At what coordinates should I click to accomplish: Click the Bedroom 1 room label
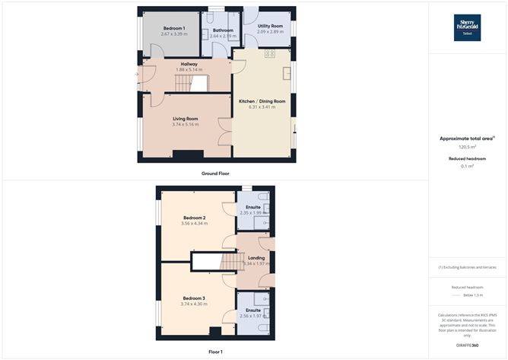pyautogui.click(x=173, y=28)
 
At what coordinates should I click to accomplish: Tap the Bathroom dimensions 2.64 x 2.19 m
pyautogui.click(x=223, y=36)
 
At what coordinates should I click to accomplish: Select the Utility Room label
pyautogui.click(x=270, y=26)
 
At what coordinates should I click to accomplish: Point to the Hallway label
pyautogui.click(x=189, y=64)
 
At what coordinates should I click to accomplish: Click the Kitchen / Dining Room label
pyautogui.click(x=262, y=101)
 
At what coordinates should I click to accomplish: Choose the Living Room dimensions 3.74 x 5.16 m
pyautogui.click(x=186, y=124)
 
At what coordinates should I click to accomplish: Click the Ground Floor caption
pyautogui.click(x=216, y=174)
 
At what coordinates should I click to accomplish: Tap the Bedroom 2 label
pyautogui.click(x=194, y=218)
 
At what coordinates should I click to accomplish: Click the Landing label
pyautogui.click(x=256, y=258)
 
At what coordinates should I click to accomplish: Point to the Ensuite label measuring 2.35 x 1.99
pyautogui.click(x=253, y=207)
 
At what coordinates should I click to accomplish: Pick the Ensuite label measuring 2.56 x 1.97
pyautogui.click(x=253, y=311)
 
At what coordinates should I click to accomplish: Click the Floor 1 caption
pyautogui.click(x=216, y=352)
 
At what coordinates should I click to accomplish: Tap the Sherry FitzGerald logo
pyautogui.click(x=467, y=27)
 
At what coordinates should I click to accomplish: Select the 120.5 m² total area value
pyautogui.click(x=467, y=146)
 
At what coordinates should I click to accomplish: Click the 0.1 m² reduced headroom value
pyautogui.click(x=467, y=166)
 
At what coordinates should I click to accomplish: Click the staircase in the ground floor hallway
pyautogui.click(x=198, y=83)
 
